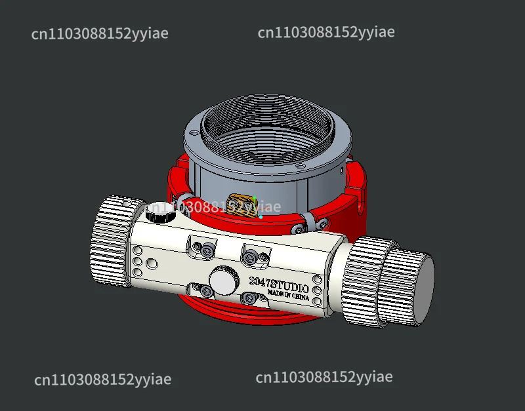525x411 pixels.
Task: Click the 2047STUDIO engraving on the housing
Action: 278,283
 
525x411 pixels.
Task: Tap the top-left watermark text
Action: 100,34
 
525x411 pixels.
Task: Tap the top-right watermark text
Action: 326,32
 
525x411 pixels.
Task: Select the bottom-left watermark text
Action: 102,380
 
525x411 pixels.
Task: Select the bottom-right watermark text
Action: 324,377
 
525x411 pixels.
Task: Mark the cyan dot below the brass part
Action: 261,216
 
